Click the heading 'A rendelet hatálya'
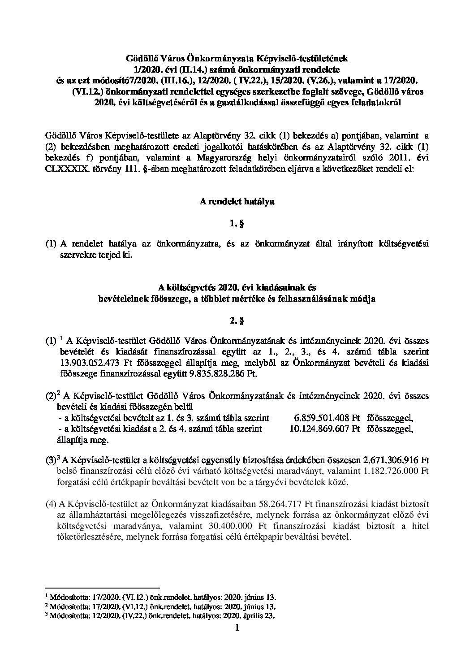(237, 202)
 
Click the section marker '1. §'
(237, 223)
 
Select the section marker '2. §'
(237, 320)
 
